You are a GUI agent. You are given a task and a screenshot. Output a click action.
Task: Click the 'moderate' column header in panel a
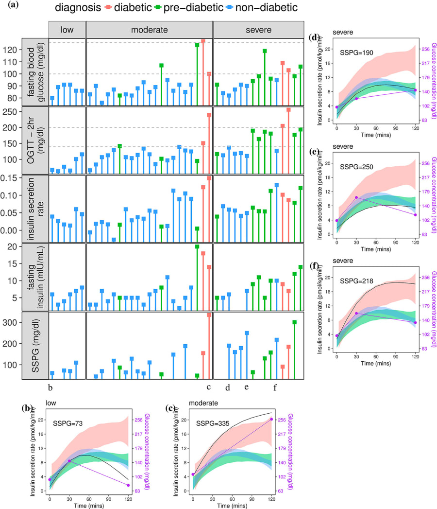click(150, 30)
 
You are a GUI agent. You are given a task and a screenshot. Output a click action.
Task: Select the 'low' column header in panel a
click(67, 30)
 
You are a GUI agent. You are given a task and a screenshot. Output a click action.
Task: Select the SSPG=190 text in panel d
click(356, 53)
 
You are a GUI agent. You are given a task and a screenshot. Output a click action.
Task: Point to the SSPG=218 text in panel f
click(356, 281)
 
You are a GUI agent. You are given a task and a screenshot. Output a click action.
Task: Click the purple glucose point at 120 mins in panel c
click(271, 419)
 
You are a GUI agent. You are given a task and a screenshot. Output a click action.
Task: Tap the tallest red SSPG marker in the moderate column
click(209, 315)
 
